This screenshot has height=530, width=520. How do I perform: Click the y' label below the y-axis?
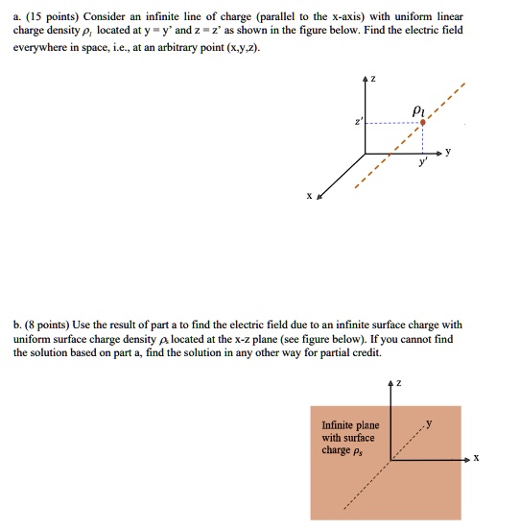click(419, 164)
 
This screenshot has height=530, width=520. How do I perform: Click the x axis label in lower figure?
click(476, 459)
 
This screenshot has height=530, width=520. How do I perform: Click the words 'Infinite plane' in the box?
click(350, 425)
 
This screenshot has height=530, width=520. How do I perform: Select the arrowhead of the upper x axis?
click(319, 194)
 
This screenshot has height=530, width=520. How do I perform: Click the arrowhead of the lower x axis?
click(466, 459)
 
